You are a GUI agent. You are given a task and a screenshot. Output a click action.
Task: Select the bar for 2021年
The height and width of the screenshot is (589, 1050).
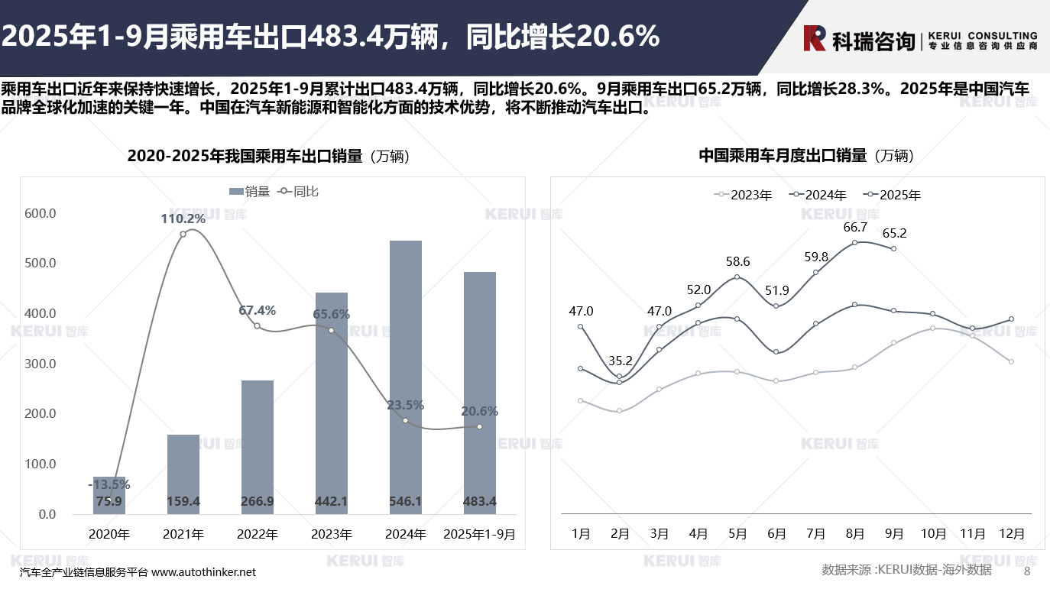[x=183, y=474]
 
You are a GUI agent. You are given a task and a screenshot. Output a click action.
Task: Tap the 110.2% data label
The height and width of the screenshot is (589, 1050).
[x=183, y=219]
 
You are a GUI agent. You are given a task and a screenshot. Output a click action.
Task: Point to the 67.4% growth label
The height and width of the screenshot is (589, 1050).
[x=257, y=311]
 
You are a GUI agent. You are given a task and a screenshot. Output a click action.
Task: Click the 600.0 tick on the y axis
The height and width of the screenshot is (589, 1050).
[x=41, y=213]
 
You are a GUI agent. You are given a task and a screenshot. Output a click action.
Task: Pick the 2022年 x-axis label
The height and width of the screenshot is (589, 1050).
[x=257, y=535]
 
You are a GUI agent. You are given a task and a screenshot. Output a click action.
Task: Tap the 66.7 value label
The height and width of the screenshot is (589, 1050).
[x=855, y=228]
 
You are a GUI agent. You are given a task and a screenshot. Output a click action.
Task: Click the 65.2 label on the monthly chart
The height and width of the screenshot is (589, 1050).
[x=894, y=234]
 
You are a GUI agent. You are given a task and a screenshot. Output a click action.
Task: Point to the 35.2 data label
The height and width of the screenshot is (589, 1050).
[x=620, y=361]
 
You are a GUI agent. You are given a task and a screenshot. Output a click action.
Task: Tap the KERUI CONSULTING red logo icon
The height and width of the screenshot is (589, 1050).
[x=815, y=38]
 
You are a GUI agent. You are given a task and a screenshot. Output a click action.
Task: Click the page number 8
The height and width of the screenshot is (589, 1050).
[x=1027, y=571]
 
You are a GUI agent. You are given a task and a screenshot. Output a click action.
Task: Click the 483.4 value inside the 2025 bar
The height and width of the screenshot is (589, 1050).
[x=480, y=502]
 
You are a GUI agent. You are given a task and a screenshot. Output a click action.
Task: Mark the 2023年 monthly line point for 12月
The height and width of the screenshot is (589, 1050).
[x=1011, y=362]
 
